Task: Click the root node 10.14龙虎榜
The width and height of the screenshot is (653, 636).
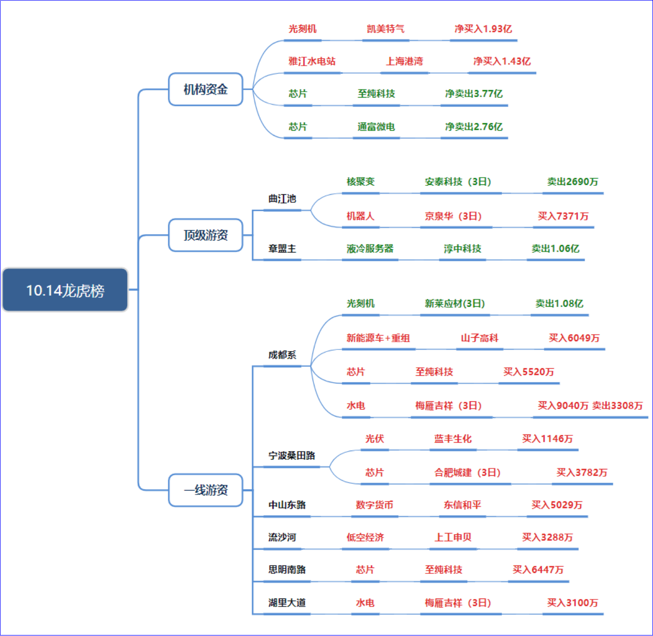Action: (65, 290)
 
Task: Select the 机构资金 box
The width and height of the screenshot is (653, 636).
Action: (206, 89)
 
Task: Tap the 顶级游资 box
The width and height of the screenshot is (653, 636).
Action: (206, 235)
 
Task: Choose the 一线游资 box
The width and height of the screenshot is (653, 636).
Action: (206, 490)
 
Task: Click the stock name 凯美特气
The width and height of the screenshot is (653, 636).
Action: (385, 29)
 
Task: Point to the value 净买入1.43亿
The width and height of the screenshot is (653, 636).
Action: (502, 61)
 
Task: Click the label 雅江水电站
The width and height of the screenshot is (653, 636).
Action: (312, 61)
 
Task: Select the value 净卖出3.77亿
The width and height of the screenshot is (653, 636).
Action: (474, 94)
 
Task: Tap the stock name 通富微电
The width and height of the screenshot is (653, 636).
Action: (376, 127)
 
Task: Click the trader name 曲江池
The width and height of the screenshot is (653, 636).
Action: (282, 199)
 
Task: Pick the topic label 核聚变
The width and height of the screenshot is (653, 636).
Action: (361, 181)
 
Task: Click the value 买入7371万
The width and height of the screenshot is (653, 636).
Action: (563, 216)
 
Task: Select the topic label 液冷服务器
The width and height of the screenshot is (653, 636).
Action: (370, 248)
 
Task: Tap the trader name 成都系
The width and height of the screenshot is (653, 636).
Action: (282, 354)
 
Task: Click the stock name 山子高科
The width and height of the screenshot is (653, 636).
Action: (480, 338)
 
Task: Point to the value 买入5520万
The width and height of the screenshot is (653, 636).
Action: (528, 372)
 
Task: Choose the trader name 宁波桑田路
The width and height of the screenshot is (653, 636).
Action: (292, 455)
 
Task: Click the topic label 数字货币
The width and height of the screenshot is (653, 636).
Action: (375, 505)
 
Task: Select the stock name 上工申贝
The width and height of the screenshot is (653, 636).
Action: (453, 537)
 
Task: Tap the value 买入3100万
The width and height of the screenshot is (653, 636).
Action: (572, 602)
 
